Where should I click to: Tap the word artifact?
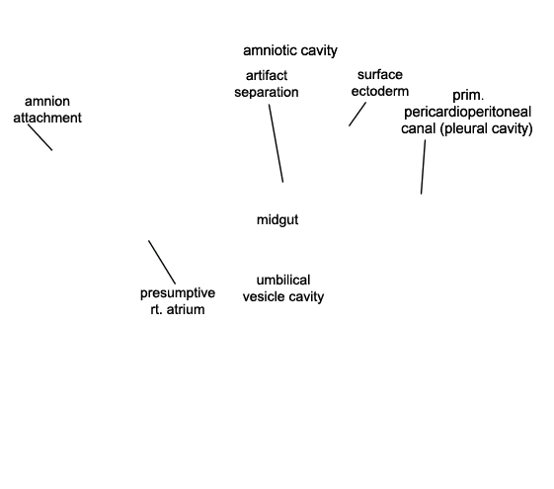point(267,75)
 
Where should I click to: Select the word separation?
point(267,92)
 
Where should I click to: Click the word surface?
point(380,74)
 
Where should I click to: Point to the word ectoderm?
point(380,91)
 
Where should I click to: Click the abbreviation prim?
point(468,96)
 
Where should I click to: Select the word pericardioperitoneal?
point(467,112)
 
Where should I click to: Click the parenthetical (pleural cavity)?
point(487,128)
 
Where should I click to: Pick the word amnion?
point(47,102)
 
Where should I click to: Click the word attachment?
point(47,118)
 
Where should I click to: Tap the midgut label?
point(277,219)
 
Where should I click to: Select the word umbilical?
point(283,280)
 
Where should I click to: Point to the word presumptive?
point(178,292)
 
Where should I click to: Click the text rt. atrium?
point(178,309)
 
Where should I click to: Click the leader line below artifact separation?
point(276,143)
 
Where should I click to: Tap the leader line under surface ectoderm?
point(357,115)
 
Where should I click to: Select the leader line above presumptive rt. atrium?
point(162,262)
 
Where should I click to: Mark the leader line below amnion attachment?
point(40,137)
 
